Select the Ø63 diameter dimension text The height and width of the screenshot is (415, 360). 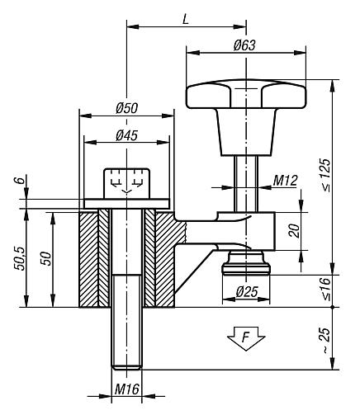pyautogui.click(x=243, y=45)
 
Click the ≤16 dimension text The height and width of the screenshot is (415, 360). pyautogui.click(x=348, y=290)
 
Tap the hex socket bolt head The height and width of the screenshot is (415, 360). pyautogui.click(x=126, y=181)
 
